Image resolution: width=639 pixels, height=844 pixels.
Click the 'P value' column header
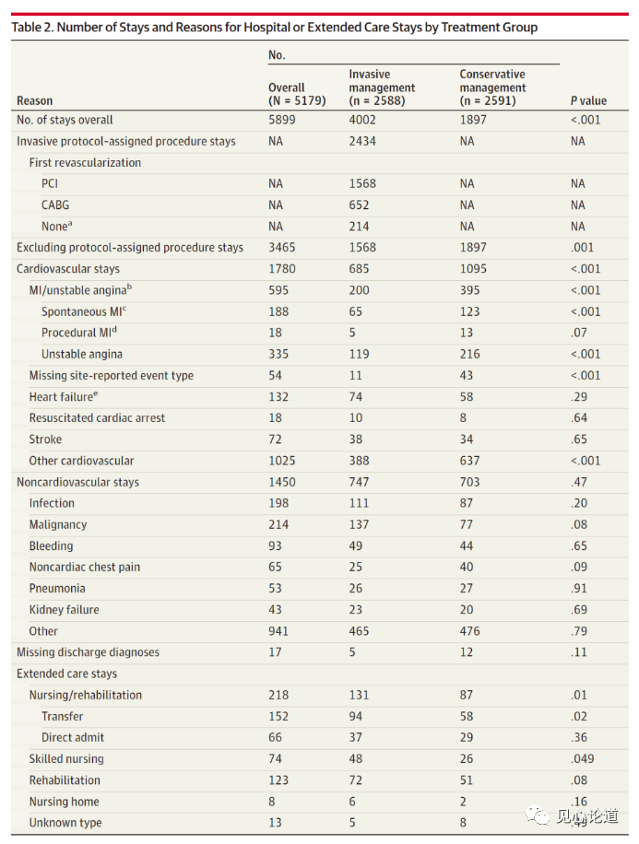[x=588, y=100]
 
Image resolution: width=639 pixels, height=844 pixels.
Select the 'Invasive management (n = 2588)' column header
[x=382, y=88]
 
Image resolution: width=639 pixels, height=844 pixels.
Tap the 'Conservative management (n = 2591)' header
[x=492, y=88]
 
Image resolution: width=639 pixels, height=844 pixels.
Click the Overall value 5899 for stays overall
[x=282, y=120]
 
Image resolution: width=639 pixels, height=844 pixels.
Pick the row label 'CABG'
[x=55, y=205]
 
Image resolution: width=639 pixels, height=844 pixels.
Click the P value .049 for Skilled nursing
[x=582, y=759]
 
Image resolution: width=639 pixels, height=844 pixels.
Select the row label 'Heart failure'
[x=61, y=397]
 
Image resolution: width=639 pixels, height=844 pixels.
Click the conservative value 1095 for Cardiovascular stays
[x=475, y=269]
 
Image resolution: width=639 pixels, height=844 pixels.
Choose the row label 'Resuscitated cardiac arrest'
[x=97, y=418]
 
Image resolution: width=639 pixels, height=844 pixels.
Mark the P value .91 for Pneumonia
[x=578, y=589]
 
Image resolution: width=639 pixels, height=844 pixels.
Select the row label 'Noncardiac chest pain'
[x=85, y=568]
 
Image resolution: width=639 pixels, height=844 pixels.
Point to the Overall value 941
[x=278, y=631]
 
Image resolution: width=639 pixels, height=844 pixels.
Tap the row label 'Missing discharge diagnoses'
[x=88, y=652]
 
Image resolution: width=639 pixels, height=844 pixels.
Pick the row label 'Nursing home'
[x=64, y=802]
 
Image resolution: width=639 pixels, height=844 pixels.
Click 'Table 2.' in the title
[x=34, y=28]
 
